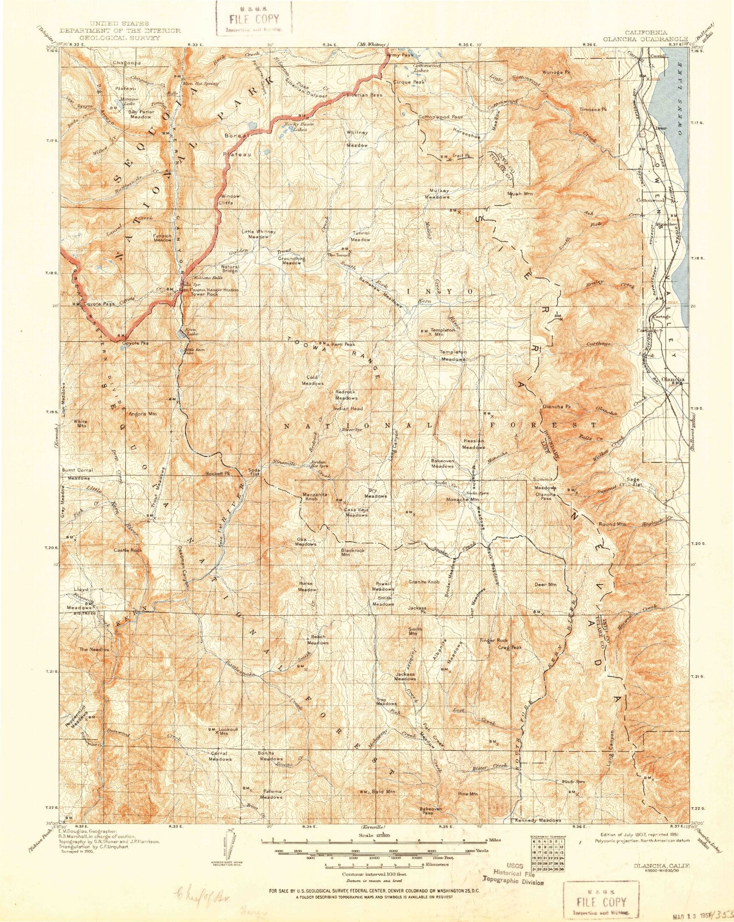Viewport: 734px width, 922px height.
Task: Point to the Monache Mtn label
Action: pyautogui.click(x=462, y=499)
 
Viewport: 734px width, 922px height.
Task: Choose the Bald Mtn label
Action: pyautogui.click(x=383, y=791)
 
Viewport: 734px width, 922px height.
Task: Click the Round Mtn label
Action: pyautogui.click(x=612, y=524)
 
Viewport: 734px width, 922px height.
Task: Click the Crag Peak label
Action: pyautogui.click(x=510, y=647)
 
